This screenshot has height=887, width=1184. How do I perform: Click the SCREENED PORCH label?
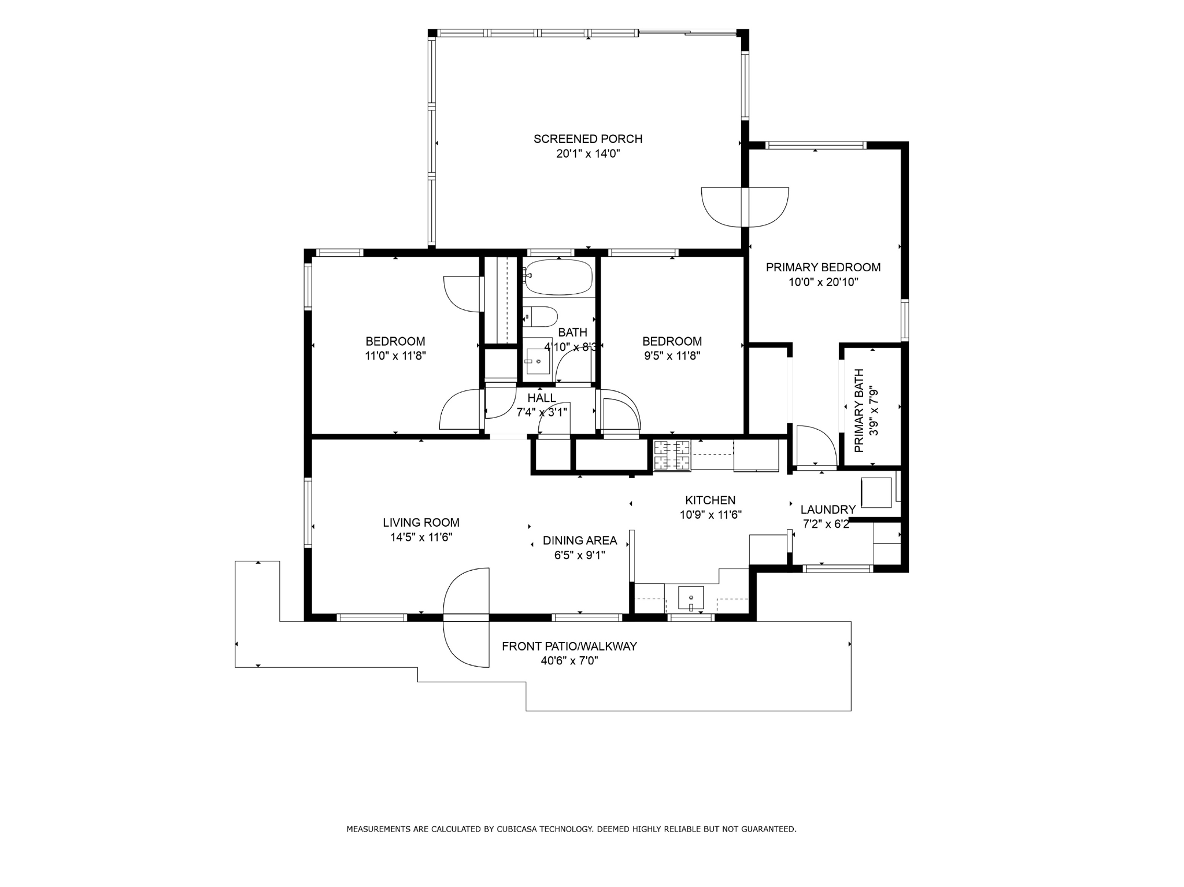588,139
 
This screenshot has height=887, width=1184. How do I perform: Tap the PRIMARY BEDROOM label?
823,267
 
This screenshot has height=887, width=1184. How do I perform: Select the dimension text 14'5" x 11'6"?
421,537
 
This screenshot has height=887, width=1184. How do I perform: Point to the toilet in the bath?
540,317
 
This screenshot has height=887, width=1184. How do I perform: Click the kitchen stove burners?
672,454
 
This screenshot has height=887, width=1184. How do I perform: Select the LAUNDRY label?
828,509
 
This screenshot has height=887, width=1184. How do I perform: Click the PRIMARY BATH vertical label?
859,411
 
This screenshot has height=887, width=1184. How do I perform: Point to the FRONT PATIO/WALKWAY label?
569,646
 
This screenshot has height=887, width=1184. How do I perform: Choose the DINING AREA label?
580,541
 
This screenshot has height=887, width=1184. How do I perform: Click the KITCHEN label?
711,500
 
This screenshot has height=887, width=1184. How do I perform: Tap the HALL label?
542,398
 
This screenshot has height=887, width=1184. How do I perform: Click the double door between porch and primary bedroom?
745,207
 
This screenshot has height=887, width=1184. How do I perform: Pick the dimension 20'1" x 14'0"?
588,154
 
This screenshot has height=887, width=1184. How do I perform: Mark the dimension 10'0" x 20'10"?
823,282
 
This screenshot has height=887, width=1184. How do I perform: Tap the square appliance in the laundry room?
876,493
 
